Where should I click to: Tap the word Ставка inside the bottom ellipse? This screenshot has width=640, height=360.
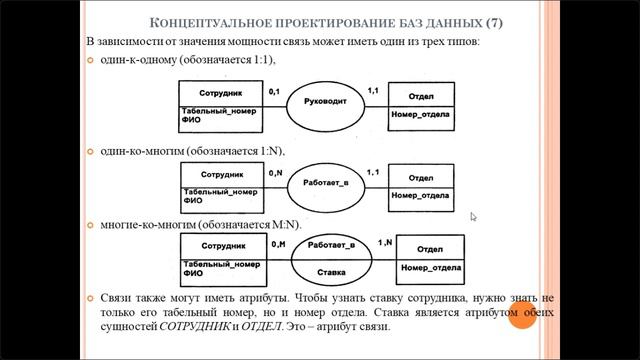(331, 271)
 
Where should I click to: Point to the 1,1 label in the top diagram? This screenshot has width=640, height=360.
(374, 91)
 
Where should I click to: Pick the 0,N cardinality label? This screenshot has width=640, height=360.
(278, 172)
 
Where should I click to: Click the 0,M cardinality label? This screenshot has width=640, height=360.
(278, 244)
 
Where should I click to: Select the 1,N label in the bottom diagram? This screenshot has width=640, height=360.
(384, 242)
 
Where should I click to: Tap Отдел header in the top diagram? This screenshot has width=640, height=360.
(422, 97)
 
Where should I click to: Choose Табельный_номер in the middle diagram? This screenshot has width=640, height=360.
(221, 190)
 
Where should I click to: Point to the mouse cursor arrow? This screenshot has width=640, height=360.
(474, 216)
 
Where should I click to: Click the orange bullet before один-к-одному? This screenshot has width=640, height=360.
(90, 62)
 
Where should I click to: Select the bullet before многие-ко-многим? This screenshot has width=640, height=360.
(90, 225)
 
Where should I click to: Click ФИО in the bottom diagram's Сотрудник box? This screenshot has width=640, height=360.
(194, 272)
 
